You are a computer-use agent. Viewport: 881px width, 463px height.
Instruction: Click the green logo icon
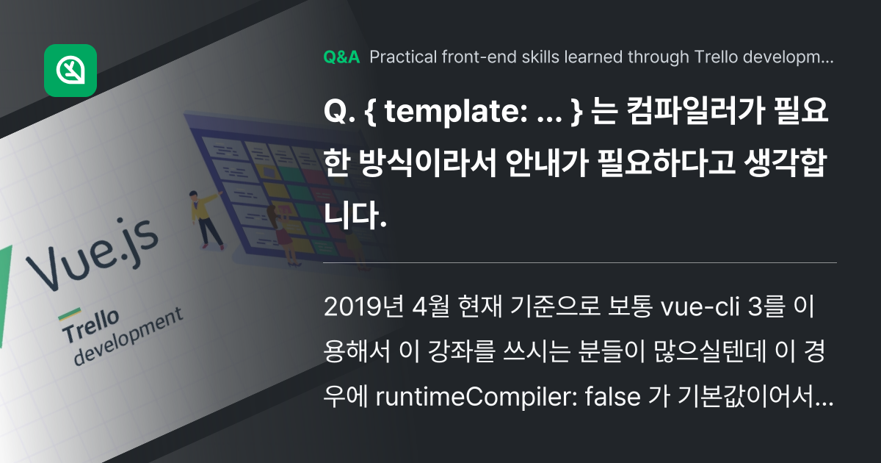coord(70,71)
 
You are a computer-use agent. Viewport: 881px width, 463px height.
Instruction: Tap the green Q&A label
coord(341,58)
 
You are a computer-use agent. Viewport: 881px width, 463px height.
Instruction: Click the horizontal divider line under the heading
coord(580,262)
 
